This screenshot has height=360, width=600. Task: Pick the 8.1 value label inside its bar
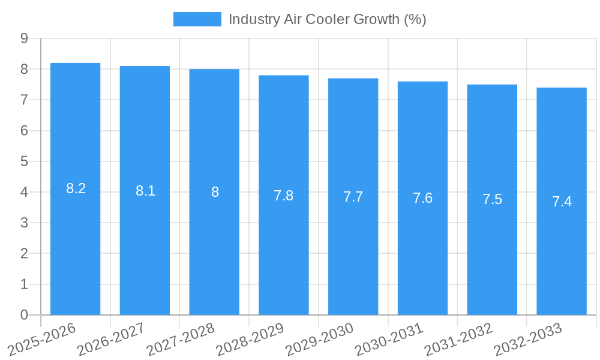(145, 191)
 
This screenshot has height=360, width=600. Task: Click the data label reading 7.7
(353, 197)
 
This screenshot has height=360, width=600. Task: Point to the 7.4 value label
(562, 202)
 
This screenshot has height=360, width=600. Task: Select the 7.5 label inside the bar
(492, 200)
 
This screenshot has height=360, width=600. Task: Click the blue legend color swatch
(197, 19)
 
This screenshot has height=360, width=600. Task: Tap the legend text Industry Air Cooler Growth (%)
(327, 19)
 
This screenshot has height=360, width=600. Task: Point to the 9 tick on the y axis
(24, 38)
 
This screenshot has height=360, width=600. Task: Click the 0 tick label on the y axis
(24, 315)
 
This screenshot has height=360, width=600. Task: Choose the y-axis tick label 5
(24, 161)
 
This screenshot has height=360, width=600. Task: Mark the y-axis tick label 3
(24, 223)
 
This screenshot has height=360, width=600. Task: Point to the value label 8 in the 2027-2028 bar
(215, 193)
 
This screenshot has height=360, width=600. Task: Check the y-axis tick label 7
(24, 100)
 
